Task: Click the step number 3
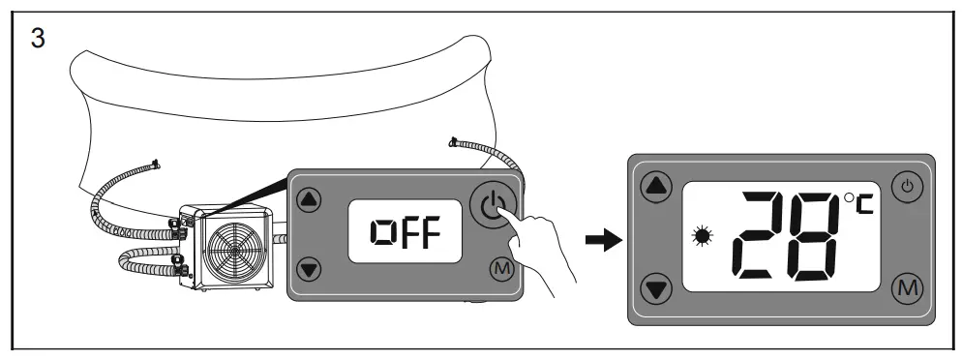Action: (x=38, y=39)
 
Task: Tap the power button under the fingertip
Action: (x=493, y=206)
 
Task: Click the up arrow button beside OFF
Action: (x=309, y=199)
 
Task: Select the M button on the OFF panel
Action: (x=502, y=268)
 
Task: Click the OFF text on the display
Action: (x=406, y=232)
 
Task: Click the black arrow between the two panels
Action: (x=604, y=240)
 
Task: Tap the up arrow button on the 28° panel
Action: (x=656, y=186)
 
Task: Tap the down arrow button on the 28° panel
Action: (x=656, y=288)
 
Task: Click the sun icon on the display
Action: (x=702, y=236)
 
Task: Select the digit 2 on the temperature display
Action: (x=760, y=236)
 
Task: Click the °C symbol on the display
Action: (x=859, y=203)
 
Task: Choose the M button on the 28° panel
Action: (x=907, y=288)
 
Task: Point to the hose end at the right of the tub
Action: (x=454, y=142)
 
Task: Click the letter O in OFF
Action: (x=381, y=232)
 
